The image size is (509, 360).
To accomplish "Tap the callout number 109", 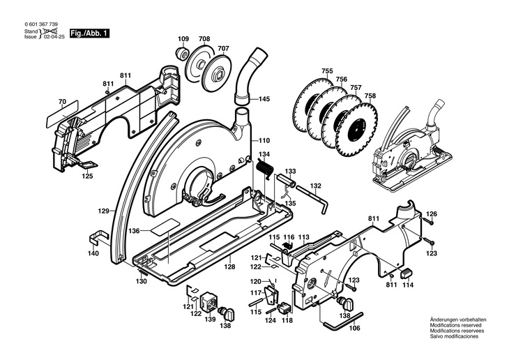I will pos(183,38).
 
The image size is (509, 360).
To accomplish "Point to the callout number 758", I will pos(370,96).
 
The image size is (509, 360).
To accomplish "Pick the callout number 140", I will pos(93,253).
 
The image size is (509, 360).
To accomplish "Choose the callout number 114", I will pos(407,285).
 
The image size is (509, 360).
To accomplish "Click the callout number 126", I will pos(432,213).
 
